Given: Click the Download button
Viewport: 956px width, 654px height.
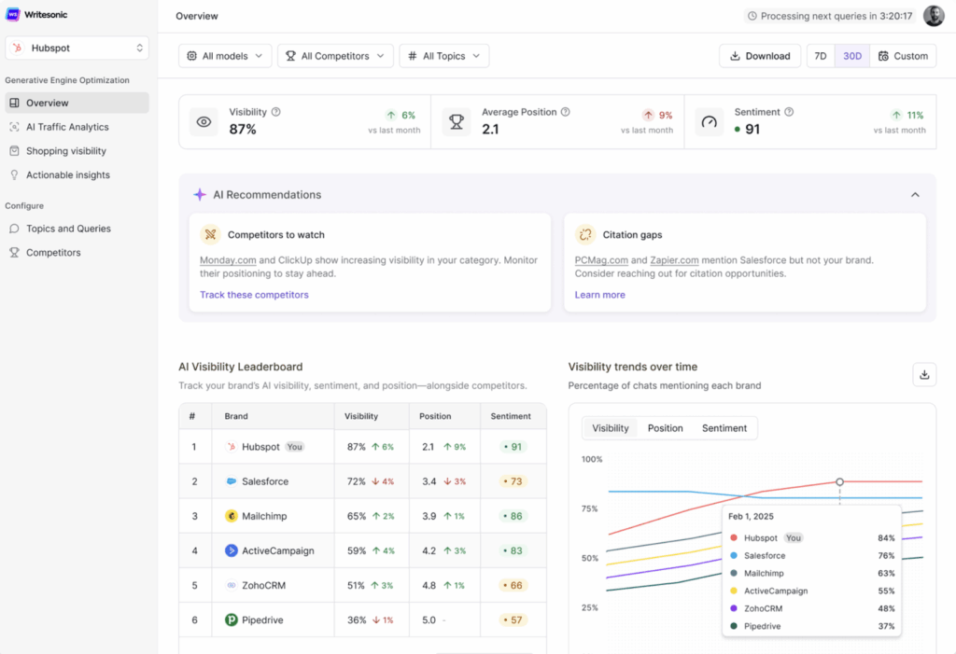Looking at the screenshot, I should [760, 56].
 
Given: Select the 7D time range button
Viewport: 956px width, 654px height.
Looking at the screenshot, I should [821, 56].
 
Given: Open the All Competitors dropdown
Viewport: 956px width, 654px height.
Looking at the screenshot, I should [335, 56].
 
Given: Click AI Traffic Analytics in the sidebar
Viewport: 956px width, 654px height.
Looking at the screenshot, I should [67, 127].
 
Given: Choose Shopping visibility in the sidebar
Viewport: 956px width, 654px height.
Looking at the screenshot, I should [65, 151].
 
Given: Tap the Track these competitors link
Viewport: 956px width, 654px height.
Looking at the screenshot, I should [254, 295].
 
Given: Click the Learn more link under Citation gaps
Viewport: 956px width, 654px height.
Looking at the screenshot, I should [599, 295].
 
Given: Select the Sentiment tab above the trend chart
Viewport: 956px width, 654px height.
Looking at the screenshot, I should [724, 428].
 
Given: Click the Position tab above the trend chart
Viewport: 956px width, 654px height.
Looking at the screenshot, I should [665, 428].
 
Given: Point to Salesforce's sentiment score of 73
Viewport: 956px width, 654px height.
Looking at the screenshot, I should [513, 481].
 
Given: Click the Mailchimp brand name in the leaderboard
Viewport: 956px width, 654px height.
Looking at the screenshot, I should [265, 516].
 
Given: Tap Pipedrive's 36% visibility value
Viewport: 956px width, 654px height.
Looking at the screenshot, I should [356, 619].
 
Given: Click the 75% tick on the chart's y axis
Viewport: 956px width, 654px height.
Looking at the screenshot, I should [590, 508].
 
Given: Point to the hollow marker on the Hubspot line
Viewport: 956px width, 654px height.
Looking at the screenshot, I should [839, 481].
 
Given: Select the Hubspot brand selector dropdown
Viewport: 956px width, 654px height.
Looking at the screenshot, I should [77, 48].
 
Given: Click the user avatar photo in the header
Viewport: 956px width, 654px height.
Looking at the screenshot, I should [934, 16].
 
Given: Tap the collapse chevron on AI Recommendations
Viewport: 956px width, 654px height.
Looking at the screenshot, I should [915, 195].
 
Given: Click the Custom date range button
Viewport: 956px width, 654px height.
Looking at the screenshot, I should [903, 56].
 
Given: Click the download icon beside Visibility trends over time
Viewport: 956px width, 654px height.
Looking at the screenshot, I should [924, 374].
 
